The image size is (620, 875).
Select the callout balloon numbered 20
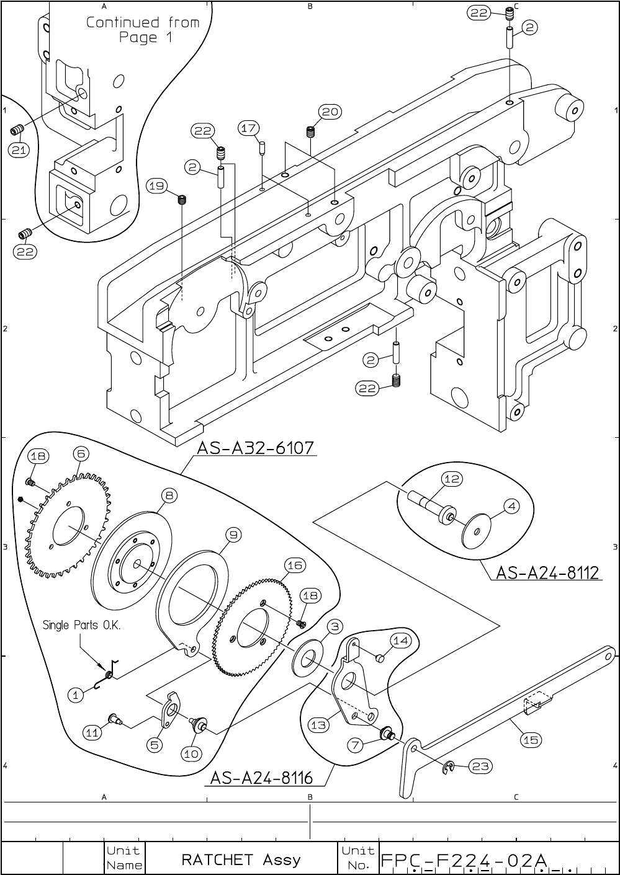pyautogui.click(x=330, y=112)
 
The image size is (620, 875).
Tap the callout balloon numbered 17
pyautogui.click(x=248, y=128)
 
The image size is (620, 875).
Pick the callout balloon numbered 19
pyautogui.click(x=157, y=185)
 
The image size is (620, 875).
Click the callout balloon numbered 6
pyautogui.click(x=81, y=454)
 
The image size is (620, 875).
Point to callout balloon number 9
pyautogui.click(x=233, y=534)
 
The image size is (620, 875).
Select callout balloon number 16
pyautogui.click(x=295, y=565)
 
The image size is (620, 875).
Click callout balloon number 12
pyautogui.click(x=452, y=479)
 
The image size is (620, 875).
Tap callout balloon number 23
pyautogui.click(x=480, y=766)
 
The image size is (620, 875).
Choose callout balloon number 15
pyautogui.click(x=531, y=739)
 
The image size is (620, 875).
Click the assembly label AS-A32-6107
pyautogui.click(x=256, y=447)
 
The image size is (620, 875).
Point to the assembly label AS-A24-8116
pyautogui.click(x=261, y=777)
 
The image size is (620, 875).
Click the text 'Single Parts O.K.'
pyautogui.click(x=81, y=625)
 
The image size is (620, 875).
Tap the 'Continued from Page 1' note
pyautogui.click(x=143, y=30)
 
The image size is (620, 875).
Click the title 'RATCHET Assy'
pyautogui.click(x=241, y=859)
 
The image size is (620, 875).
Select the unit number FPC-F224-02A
pyautogui.click(x=464, y=861)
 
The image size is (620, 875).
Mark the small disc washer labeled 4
pyautogui.click(x=478, y=530)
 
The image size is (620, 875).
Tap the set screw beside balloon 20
pyautogui.click(x=311, y=132)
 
